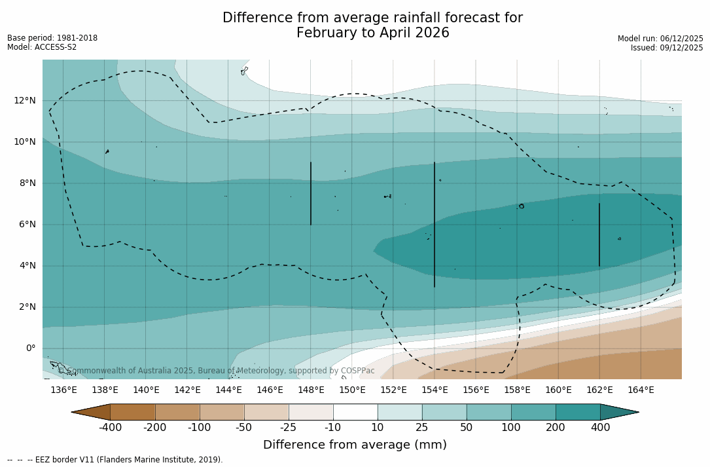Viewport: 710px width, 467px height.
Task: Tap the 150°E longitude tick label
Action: pyautogui.click(x=352, y=390)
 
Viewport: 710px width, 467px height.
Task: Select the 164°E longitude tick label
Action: pyautogui.click(x=641, y=390)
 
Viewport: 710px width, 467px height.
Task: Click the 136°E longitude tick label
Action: pyautogui.click(x=63, y=390)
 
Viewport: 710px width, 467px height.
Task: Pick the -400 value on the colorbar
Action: pyautogui.click(x=110, y=428)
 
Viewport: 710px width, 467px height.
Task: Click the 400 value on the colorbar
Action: pyautogui.click(x=600, y=428)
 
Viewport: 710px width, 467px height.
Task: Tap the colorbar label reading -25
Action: pyautogui.click(x=289, y=428)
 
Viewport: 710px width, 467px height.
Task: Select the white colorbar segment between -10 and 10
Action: pyautogui.click(x=355, y=412)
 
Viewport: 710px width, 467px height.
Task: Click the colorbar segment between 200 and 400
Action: pyautogui.click(x=578, y=412)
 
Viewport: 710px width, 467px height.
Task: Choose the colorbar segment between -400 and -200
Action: pyautogui.click(x=133, y=412)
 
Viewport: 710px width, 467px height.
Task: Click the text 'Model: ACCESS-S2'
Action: pyautogui.click(x=42, y=47)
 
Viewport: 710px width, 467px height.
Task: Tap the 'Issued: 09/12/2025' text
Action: pyautogui.click(x=667, y=48)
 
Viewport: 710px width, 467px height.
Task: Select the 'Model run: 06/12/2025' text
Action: pyautogui.click(x=660, y=39)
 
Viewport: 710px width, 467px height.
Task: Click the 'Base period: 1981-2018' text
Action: pyautogui.click(x=52, y=38)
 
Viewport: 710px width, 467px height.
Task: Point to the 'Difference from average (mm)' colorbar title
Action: pyautogui.click(x=355, y=445)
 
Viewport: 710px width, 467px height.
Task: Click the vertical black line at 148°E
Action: pyautogui.click(x=311, y=193)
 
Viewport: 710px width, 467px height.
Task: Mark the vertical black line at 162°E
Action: pyautogui.click(x=599, y=234)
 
